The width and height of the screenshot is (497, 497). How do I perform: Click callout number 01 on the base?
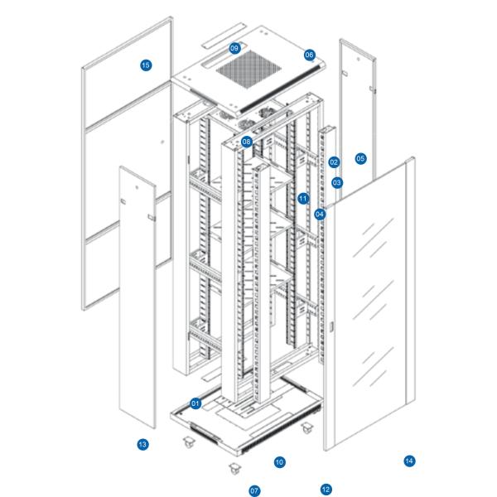tap(195, 403)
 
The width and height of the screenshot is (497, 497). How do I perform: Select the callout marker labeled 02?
tap(334, 162)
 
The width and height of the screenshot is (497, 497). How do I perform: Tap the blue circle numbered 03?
tap(337, 182)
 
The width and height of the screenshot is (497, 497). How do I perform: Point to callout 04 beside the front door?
tap(320, 214)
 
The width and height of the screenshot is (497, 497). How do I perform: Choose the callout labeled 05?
tap(360, 157)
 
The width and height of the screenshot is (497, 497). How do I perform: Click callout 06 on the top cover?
tap(309, 55)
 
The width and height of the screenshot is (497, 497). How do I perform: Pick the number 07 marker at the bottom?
tap(254, 490)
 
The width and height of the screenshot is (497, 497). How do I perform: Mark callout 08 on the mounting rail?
tap(247, 142)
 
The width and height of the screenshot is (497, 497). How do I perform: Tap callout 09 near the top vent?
tap(234, 48)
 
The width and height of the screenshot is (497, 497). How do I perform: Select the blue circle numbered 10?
tap(279, 461)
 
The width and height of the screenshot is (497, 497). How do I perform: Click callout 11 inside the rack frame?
tap(303, 198)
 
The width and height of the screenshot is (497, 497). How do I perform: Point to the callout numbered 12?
tap(326, 490)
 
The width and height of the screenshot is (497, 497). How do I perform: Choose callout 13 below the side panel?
tap(142, 445)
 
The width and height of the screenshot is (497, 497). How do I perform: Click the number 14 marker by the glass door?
tap(409, 461)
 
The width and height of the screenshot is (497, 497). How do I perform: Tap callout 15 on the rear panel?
tap(146, 65)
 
